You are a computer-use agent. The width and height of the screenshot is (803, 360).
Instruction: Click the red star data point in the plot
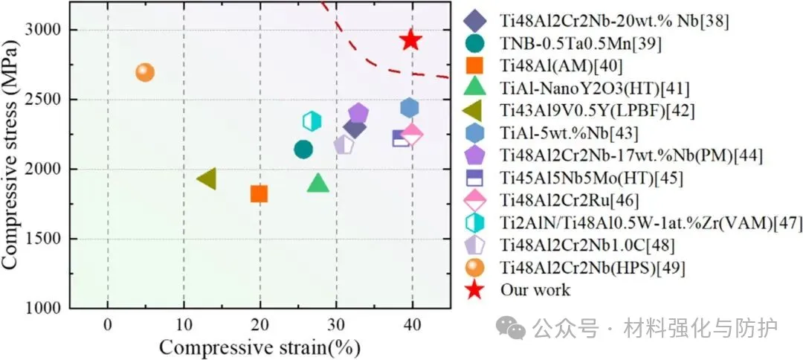click(x=411, y=40)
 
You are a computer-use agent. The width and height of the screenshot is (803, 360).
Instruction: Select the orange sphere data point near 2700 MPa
click(x=145, y=72)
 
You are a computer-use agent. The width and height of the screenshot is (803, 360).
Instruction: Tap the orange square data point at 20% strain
click(x=259, y=194)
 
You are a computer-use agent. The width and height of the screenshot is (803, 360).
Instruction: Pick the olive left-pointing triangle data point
click(x=207, y=179)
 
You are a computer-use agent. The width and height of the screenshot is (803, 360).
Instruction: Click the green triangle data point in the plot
click(x=318, y=183)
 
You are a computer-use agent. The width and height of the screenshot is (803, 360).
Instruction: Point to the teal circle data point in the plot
click(x=303, y=150)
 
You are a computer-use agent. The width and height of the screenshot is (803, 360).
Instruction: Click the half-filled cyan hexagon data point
click(x=312, y=120)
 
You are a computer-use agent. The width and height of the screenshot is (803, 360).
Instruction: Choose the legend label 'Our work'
click(x=535, y=289)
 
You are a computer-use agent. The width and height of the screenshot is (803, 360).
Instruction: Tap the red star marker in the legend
click(x=476, y=289)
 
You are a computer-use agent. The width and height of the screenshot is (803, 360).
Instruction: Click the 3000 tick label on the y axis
click(x=48, y=30)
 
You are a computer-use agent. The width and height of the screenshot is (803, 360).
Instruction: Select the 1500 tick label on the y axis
click(x=48, y=240)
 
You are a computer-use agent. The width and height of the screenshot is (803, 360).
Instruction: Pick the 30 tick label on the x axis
click(x=336, y=324)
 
